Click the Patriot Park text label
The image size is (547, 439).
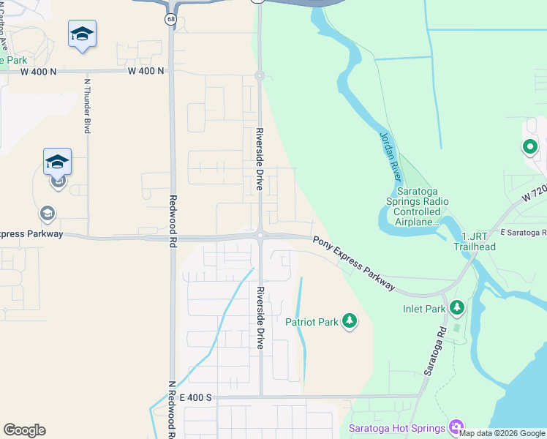click(x=312, y=322)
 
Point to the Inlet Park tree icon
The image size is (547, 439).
click(x=458, y=308)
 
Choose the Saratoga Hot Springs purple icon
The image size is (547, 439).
click(x=457, y=427)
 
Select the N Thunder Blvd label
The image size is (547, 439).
click(x=87, y=105)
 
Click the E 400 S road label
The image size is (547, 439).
click(x=195, y=397)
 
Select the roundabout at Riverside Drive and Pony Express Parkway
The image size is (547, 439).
click(x=260, y=235)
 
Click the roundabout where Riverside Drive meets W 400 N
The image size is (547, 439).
click(x=259, y=75)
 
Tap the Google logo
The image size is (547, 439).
click(x=24, y=430)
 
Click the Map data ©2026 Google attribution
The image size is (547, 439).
click(x=502, y=433)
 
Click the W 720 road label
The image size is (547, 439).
click(x=534, y=194)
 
